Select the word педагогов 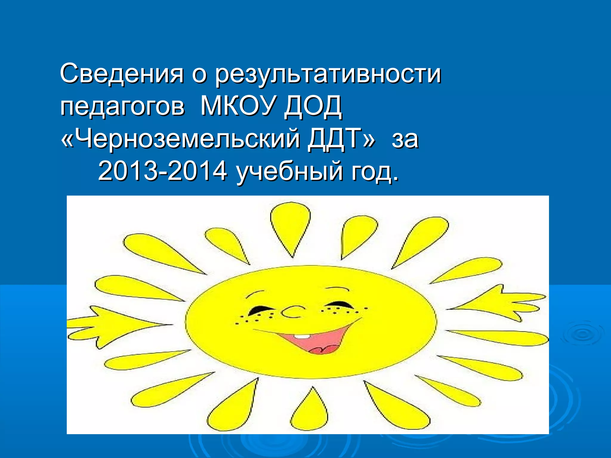coord(122,107)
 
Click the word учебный coord(289,172)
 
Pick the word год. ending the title coord(375,172)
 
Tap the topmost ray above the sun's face coord(290,227)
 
